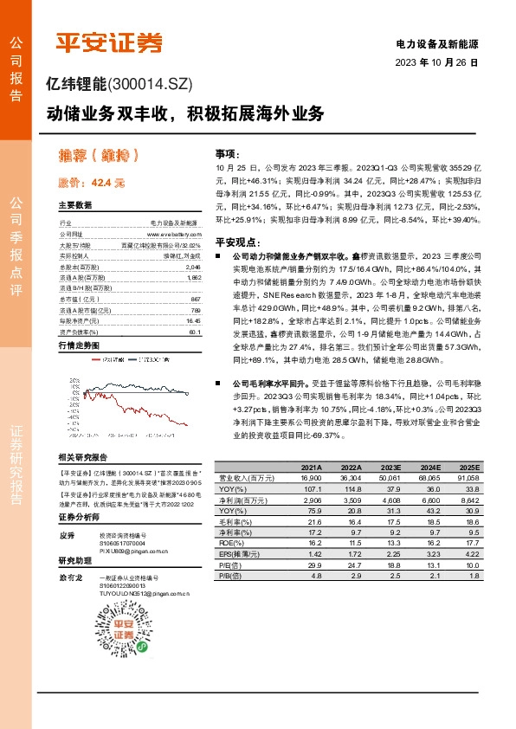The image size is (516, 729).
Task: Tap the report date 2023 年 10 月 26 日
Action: [436, 62]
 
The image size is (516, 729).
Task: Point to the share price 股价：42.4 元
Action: [92, 183]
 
